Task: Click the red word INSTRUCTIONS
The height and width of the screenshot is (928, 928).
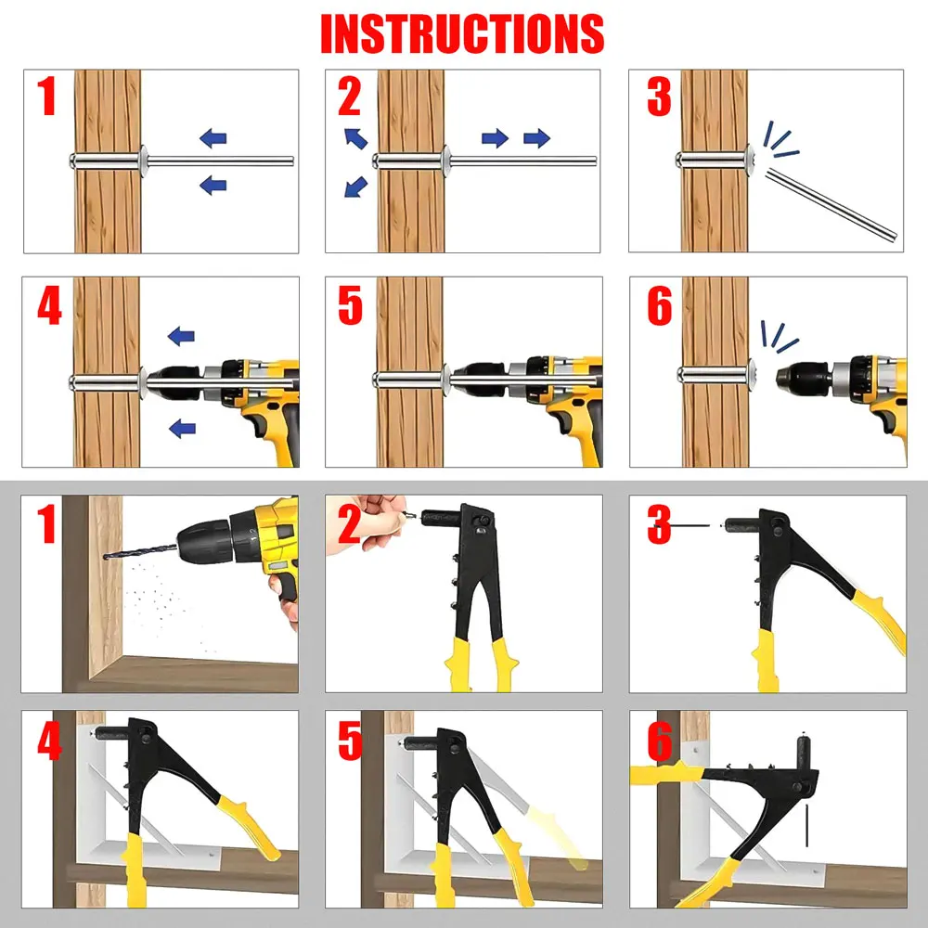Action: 462,33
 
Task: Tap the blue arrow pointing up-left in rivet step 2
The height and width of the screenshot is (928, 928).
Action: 355,138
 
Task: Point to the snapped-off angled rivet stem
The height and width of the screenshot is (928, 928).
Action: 831,204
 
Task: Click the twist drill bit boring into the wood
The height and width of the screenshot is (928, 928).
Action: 141,552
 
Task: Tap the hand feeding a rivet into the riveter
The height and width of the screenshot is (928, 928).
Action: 367,523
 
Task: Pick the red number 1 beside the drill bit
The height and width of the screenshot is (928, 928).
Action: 46,523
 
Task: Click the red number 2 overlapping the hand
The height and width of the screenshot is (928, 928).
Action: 349,523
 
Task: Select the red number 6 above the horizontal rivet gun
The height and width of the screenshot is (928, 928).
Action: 660,740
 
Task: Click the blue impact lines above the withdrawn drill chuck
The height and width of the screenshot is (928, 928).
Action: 779,336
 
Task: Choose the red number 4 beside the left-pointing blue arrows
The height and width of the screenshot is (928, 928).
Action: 49,306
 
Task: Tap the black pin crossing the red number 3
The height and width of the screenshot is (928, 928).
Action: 688,525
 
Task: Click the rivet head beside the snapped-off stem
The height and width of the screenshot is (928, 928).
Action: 750,160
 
